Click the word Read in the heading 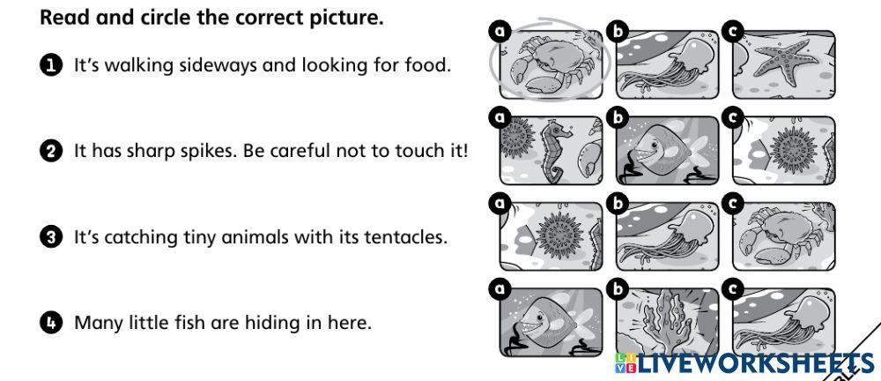click(59, 18)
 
